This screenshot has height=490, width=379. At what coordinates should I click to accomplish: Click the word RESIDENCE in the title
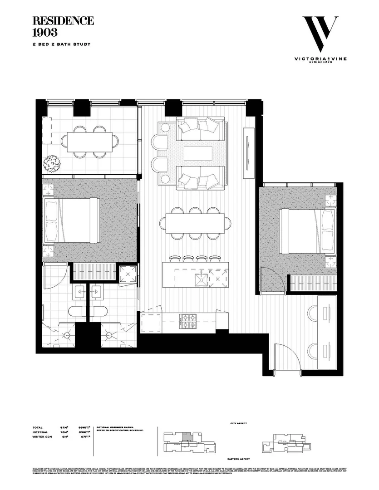pyautogui.click(x=63, y=21)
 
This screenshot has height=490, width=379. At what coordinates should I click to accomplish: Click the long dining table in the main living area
pyautogui.click(x=196, y=223)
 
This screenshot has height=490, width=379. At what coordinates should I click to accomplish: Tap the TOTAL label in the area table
pyautogui.click(x=38, y=428)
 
